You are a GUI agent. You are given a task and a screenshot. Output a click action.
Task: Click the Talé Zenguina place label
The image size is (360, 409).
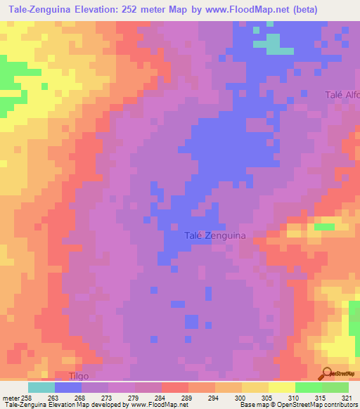tap(214, 236)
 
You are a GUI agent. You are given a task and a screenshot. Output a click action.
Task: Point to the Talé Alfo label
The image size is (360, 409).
tap(342, 95)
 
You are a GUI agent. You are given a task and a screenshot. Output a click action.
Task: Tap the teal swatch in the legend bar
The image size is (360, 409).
tap(41, 387)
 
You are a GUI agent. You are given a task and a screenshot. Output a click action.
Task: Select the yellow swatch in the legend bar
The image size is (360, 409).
tap(281, 387)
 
